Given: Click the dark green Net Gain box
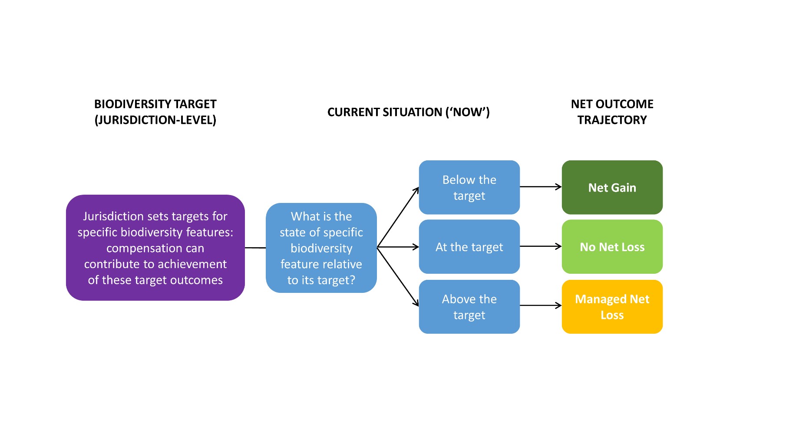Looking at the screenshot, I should click(x=612, y=187).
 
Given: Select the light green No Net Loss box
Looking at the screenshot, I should click(x=612, y=246).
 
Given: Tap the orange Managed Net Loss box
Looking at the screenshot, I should click(x=612, y=306).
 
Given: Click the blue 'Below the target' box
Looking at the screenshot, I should click(x=469, y=187).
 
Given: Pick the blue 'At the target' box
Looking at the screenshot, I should click(x=469, y=246).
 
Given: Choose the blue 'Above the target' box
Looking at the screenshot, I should click(x=469, y=306).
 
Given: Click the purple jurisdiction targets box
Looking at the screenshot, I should click(x=155, y=247).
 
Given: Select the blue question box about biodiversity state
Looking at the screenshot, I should click(x=321, y=248).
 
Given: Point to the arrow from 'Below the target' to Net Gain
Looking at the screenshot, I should click(x=540, y=187).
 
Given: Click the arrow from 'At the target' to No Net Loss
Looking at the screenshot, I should click(x=540, y=246).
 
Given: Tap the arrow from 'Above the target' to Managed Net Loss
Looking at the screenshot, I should click(x=540, y=305).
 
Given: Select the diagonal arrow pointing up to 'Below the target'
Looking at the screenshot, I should click(x=398, y=217).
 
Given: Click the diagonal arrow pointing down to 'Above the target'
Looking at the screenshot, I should click(x=398, y=276).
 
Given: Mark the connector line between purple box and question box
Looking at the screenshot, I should click(x=255, y=248).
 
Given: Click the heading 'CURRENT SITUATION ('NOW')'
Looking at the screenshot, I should click(x=408, y=112).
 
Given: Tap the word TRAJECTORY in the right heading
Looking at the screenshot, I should click(x=612, y=120).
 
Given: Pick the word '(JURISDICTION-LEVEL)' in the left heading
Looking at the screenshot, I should click(x=155, y=120).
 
